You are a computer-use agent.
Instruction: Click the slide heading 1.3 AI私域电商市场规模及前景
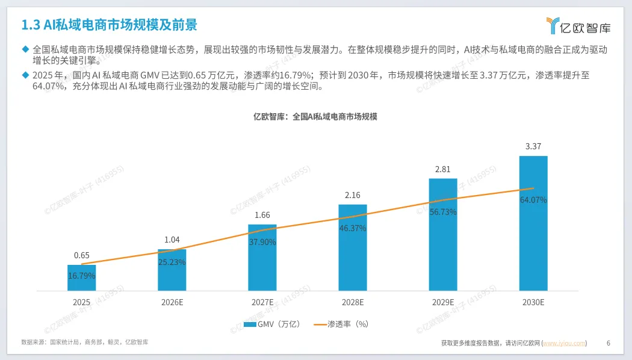point(109,25)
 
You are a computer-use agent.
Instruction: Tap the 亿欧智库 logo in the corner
point(578,26)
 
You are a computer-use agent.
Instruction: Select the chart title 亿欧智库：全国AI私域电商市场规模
point(315,117)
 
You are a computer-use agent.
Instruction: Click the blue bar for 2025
point(81,278)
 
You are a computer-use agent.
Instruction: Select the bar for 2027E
point(262,258)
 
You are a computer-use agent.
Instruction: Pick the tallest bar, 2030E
point(533,223)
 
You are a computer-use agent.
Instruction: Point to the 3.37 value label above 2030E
point(533,146)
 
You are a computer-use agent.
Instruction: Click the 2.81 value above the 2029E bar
point(442,169)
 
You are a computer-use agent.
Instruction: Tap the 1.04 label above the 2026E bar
point(172,240)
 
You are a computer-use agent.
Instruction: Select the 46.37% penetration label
point(353,228)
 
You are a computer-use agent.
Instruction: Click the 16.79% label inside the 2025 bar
point(81,276)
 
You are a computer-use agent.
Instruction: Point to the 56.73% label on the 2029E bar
point(443,212)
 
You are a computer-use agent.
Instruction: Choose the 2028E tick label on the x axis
point(353,302)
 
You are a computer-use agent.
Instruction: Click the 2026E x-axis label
point(172,302)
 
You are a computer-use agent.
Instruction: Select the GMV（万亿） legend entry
point(272,324)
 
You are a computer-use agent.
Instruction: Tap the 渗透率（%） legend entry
point(341,324)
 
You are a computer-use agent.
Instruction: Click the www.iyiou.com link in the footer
point(565,343)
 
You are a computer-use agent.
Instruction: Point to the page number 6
point(608,343)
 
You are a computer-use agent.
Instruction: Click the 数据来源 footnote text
point(85,343)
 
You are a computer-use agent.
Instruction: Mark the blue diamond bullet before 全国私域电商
point(25,49)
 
